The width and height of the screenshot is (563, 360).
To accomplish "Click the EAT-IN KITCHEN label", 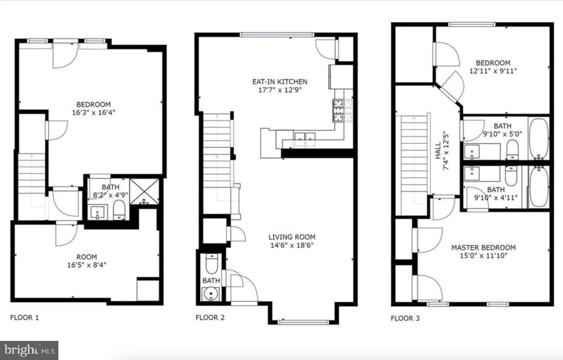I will (280, 82).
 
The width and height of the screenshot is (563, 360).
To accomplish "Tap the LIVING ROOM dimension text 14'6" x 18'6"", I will (292, 245).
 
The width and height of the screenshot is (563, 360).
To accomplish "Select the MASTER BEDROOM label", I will (483, 247).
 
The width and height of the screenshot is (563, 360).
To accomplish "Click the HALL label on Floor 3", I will (438, 150).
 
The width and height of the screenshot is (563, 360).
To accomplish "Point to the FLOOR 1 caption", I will (25, 317).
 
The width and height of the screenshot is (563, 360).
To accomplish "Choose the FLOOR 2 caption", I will (210, 317).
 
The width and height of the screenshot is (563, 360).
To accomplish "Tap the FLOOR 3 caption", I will (405, 318).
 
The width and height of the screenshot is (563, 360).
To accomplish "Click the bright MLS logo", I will (29, 350).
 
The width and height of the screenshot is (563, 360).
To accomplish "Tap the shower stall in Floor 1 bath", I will (144, 192).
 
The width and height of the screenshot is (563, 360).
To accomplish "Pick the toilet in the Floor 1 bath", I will (119, 210).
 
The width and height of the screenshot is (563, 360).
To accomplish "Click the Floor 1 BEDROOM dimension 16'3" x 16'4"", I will (93, 113).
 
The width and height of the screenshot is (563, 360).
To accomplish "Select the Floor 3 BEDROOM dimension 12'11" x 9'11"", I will (493, 71).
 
